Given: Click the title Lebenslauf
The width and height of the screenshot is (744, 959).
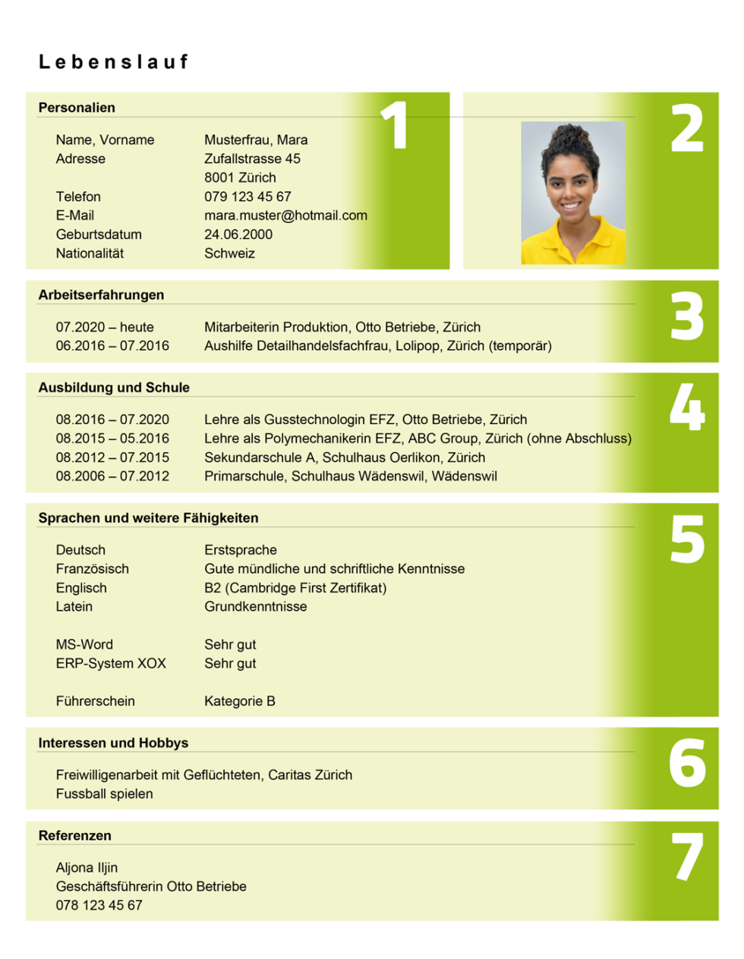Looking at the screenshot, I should coord(113,62).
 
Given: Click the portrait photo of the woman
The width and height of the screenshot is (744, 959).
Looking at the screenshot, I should coord(572,193).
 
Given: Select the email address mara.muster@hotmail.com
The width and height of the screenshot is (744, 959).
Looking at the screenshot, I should coord(285,215).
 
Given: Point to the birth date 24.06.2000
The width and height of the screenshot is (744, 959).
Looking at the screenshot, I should coord(238,234).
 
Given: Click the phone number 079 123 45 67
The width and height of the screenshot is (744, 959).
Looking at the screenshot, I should coord(247,197).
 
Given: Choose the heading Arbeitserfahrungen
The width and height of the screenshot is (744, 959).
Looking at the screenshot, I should coord(101,295).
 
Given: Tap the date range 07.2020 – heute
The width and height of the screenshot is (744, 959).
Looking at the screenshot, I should coord(105,327).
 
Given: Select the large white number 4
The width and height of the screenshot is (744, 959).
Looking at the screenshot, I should coord(687,407).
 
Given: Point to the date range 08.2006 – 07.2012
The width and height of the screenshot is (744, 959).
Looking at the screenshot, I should coord(112,476).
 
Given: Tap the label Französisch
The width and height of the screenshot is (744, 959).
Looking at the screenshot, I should coord(92,569).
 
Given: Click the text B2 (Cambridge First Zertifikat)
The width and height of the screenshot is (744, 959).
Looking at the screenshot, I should coord(295,588).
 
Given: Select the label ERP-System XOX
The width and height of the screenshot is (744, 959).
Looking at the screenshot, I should coord(111,663).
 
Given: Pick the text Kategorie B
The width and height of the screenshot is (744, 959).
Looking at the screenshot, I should coord(239,701).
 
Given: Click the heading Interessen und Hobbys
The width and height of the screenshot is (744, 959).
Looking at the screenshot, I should coord(113,744).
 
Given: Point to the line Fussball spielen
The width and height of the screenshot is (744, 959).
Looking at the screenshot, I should coord(104,794).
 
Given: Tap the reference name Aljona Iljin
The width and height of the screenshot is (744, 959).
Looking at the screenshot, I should coord(87,867).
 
